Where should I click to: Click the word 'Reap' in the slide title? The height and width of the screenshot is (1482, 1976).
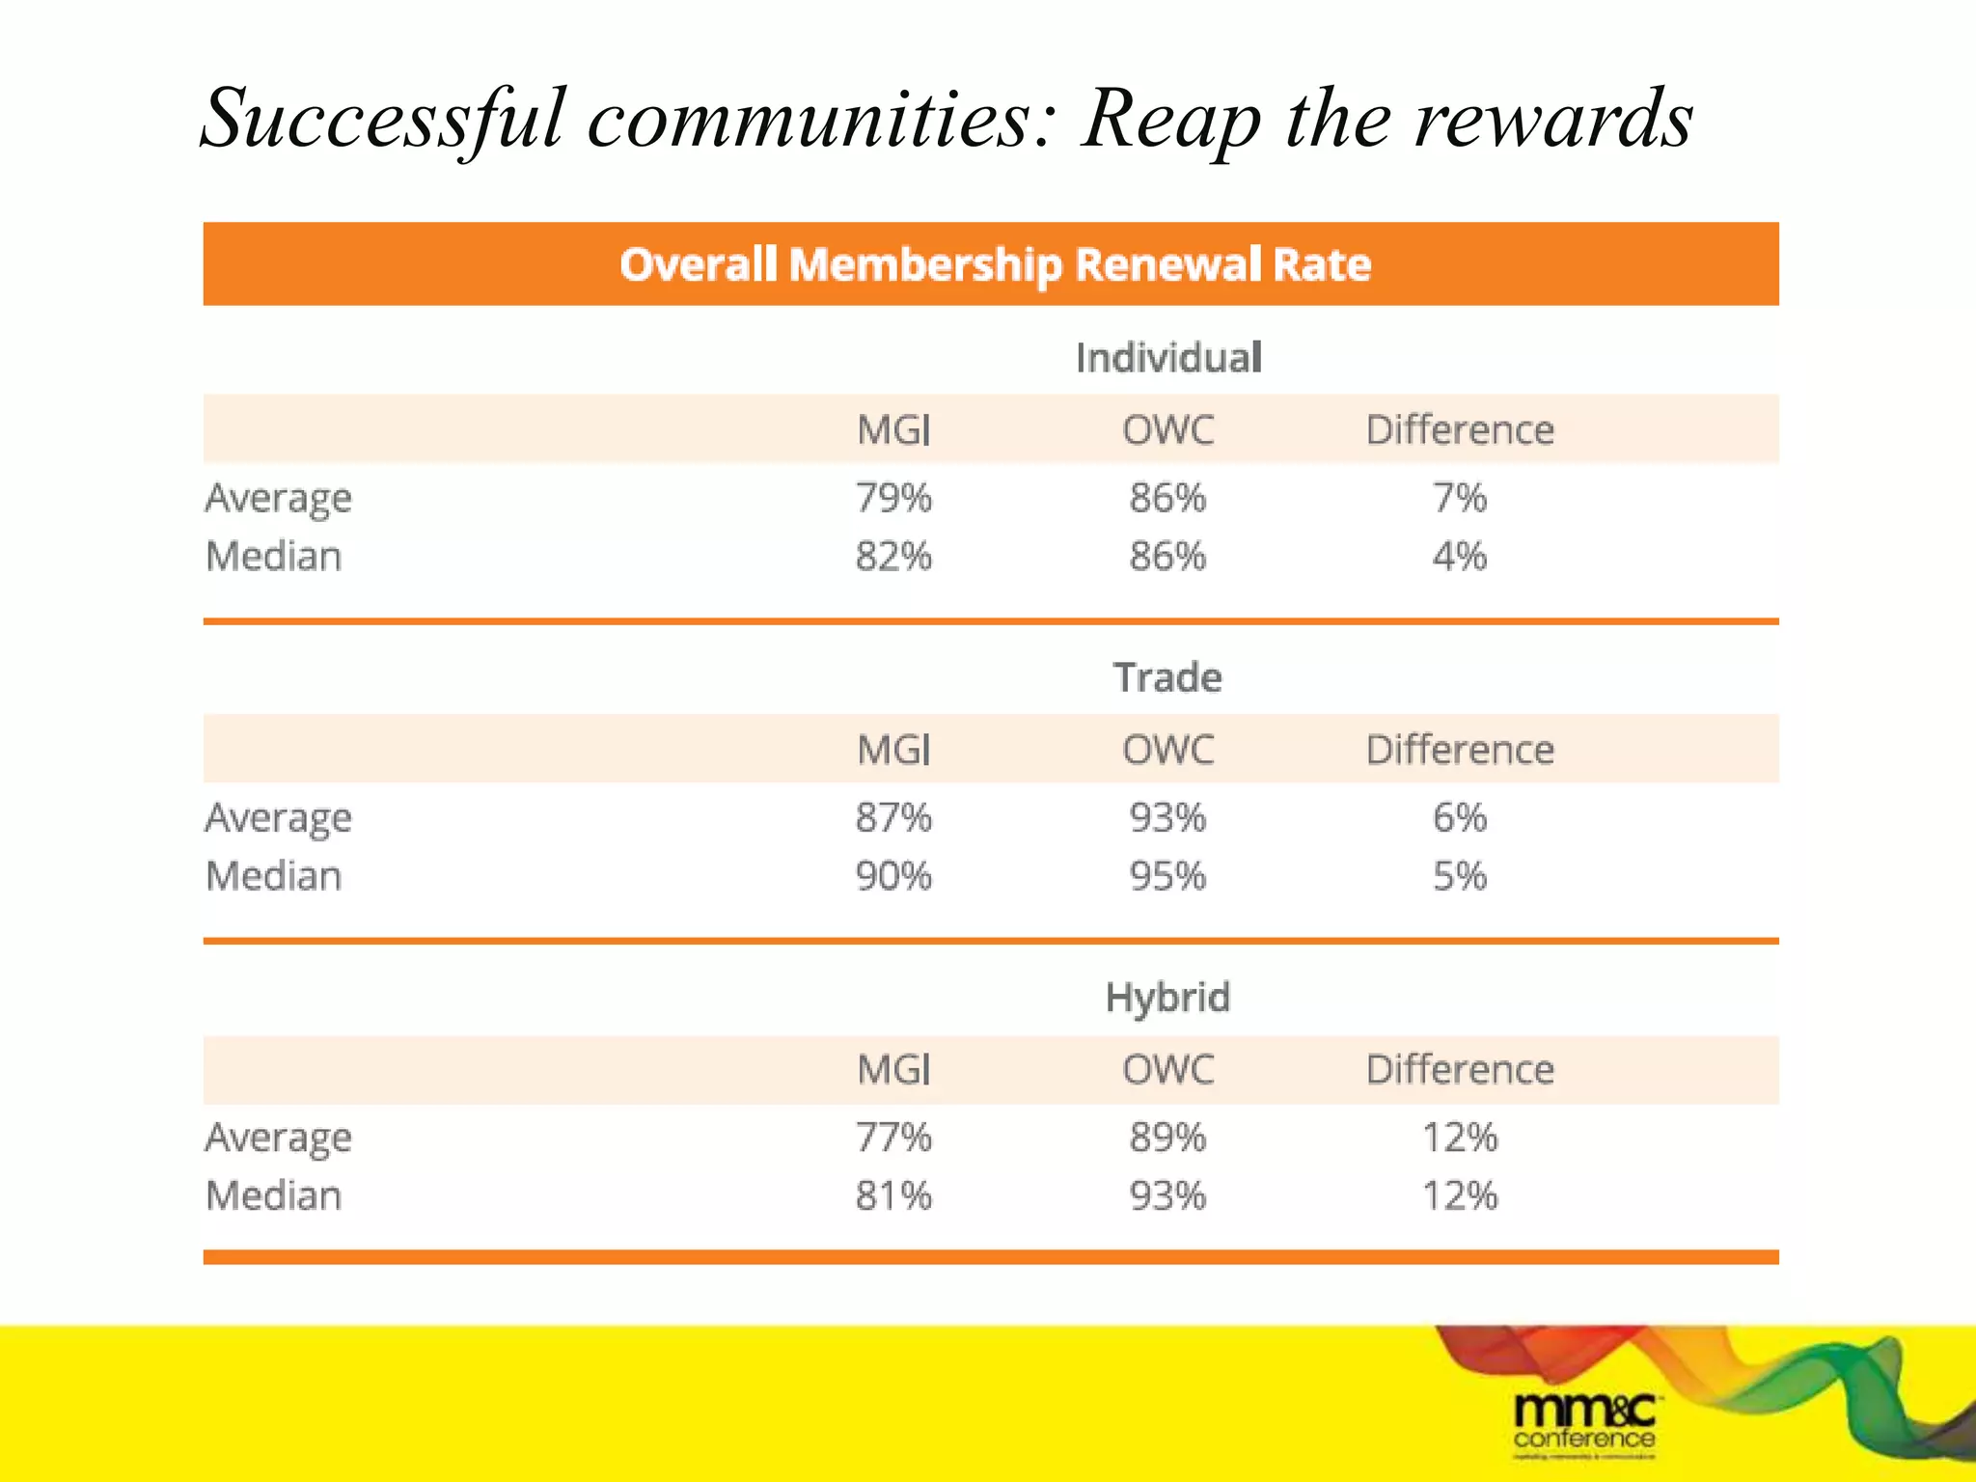[1171, 120]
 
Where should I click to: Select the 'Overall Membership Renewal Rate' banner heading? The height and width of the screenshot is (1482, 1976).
[995, 264]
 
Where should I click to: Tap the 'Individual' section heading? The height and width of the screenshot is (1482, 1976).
[1168, 358]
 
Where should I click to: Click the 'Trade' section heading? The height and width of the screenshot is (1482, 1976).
[1167, 677]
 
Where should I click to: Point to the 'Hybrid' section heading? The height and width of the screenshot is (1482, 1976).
[1167, 998]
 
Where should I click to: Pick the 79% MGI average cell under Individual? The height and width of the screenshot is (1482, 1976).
[893, 498]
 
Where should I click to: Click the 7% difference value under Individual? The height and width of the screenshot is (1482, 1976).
[1459, 498]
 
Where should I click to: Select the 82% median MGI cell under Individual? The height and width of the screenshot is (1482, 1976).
[893, 557]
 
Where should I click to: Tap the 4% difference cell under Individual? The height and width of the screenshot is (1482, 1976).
[1459, 557]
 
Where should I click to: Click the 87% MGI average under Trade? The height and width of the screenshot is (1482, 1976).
[893, 818]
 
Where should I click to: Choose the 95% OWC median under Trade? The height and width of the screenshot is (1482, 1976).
[1167, 876]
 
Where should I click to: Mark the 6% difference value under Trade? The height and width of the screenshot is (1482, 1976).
[1459, 818]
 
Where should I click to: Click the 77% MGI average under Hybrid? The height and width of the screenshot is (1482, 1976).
[893, 1138]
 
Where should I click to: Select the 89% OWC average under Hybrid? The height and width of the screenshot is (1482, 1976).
[1167, 1138]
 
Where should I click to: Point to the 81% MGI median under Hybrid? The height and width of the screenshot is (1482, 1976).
[893, 1196]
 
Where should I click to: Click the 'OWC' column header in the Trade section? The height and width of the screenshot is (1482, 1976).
[1167, 750]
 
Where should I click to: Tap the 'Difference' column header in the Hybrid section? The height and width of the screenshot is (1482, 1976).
[1460, 1070]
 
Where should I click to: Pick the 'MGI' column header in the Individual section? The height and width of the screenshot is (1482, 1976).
[893, 429]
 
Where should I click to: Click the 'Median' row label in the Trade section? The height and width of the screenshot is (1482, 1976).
[274, 876]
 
